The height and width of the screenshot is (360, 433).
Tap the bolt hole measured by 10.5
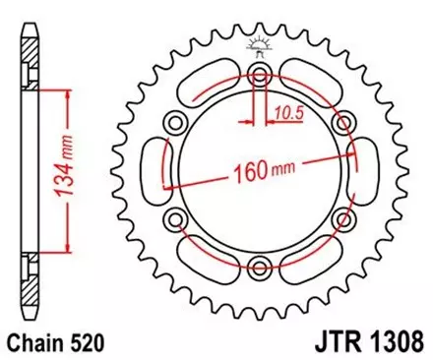(x=260, y=78)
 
